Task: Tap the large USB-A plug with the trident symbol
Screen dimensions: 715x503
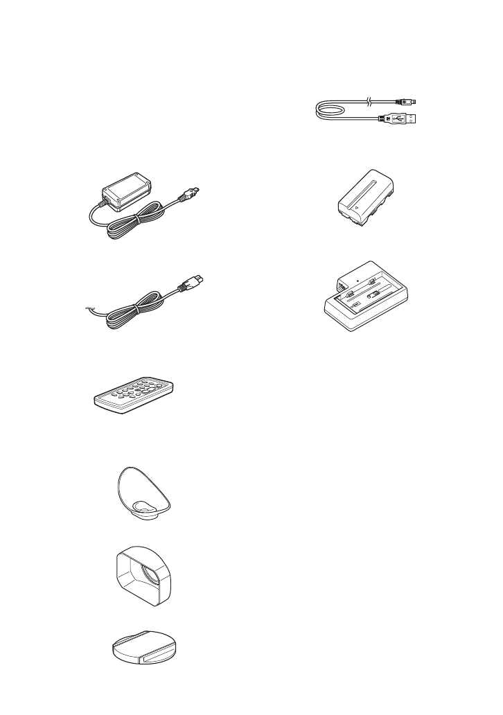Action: [x=408, y=118]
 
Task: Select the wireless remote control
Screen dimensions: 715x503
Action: [x=134, y=396]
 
